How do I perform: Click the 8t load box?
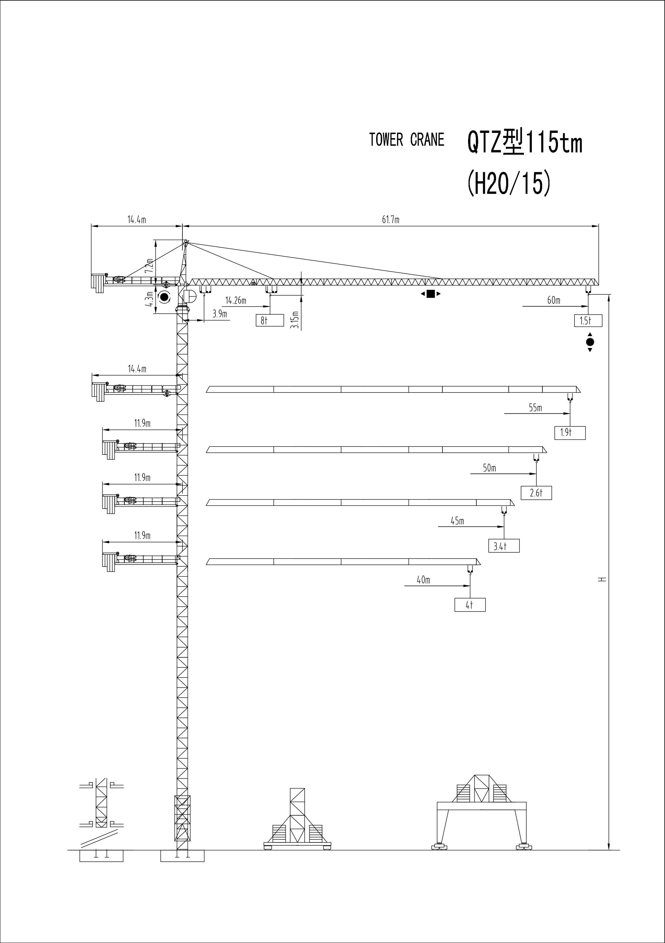coord(270,320)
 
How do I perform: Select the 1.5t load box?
coord(588,320)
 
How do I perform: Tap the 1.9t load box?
coord(570,433)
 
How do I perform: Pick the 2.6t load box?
coord(536,493)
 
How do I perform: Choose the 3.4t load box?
coord(504,546)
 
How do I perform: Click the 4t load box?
coord(470,605)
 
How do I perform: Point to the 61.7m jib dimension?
coord(391,220)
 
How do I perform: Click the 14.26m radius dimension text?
coord(236,301)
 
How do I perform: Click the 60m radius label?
coord(554,300)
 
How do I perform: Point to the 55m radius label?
coord(535,408)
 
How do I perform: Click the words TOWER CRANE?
coord(406,140)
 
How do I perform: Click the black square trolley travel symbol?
coord(430,294)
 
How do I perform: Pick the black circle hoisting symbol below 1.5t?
coord(590,342)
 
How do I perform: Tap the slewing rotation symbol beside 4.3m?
coord(165,297)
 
